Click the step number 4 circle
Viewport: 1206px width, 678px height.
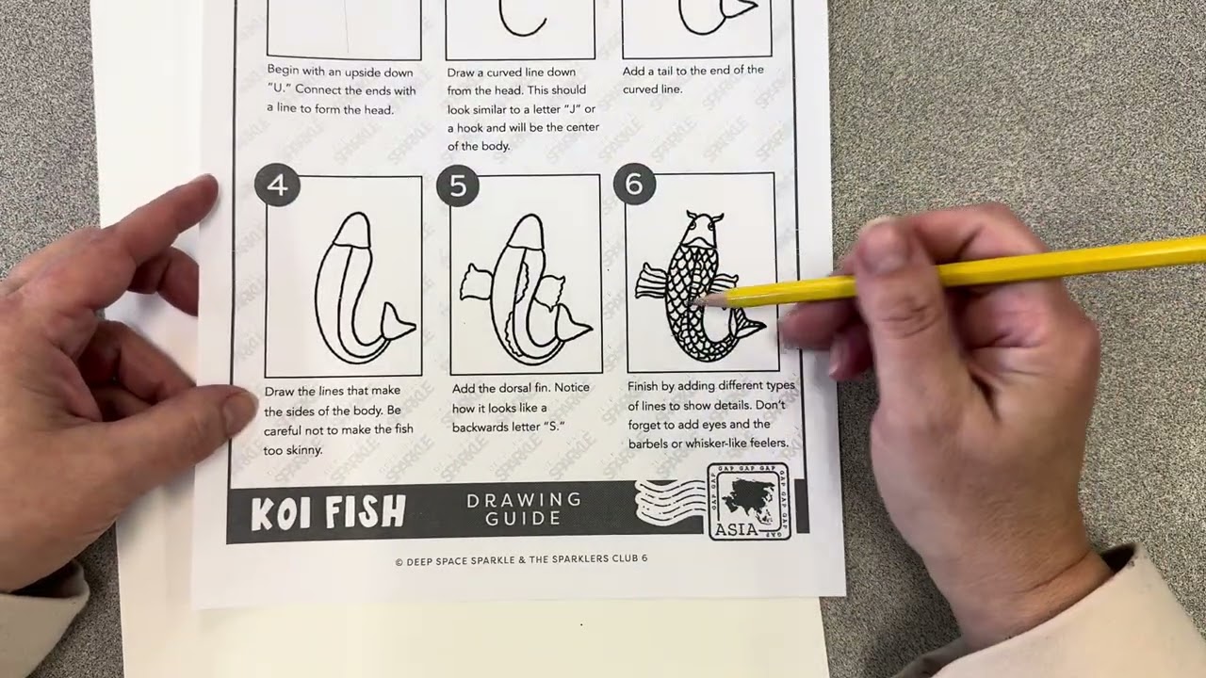277,186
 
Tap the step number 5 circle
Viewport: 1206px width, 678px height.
458,186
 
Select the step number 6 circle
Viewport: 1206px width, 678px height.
634,185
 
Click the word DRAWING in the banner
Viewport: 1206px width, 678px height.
524,499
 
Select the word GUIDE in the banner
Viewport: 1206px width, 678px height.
524,519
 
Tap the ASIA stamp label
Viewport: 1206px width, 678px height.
736,529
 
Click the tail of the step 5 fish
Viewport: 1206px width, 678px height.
573,326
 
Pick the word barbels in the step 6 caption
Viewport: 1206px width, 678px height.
647,444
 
